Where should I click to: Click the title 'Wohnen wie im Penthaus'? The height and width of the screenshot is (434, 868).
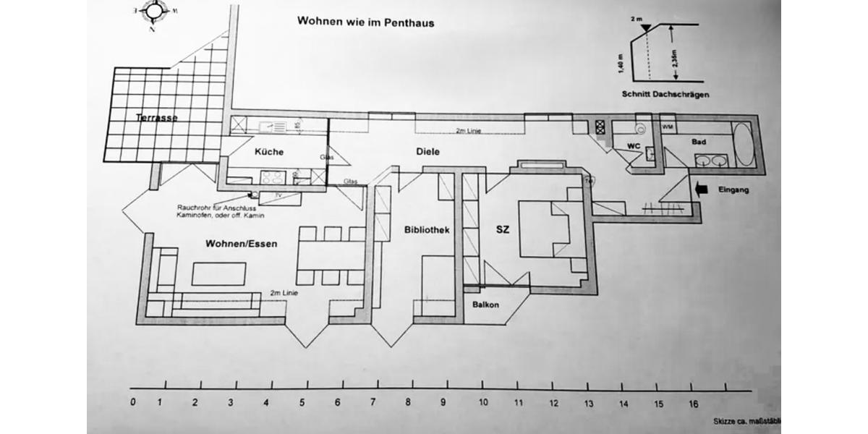(365, 21)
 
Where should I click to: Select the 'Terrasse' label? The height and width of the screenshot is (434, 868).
(156, 117)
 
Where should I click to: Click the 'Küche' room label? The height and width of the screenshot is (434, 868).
(268, 152)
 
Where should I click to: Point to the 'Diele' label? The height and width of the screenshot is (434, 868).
(428, 152)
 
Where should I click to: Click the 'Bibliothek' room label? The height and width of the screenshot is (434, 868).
(427, 230)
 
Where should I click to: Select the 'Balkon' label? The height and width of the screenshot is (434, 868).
(486, 305)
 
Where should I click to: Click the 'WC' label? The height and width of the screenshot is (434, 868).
(634, 146)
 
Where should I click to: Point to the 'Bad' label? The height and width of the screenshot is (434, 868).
(698, 142)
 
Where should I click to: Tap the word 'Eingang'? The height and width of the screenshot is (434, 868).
(733, 191)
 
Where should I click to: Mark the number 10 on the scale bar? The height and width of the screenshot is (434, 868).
(482, 402)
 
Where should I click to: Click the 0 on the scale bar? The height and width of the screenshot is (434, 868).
(133, 402)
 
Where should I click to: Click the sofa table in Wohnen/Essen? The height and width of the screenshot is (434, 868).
(218, 274)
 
